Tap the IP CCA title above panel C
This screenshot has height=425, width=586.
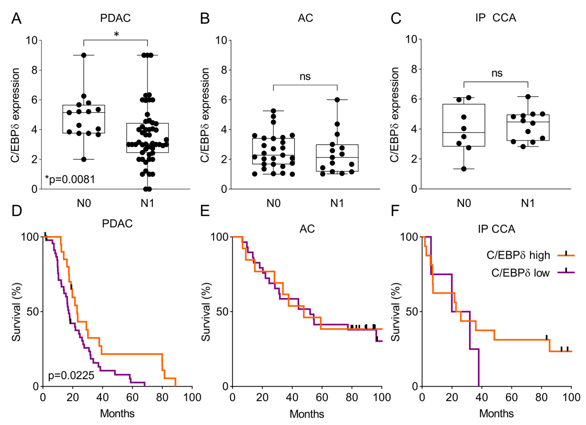pyautogui.click(x=496, y=18)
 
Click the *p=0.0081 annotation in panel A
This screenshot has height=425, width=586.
pyautogui.click(x=70, y=179)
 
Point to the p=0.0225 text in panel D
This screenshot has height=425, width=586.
pyautogui.click(x=71, y=375)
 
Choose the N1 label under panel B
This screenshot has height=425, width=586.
pyautogui.click(x=337, y=203)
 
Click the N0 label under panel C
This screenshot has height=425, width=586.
pyautogui.click(x=464, y=203)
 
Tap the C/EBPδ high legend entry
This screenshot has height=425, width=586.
pyautogui.click(x=518, y=255)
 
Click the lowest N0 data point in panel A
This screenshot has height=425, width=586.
pyautogui.click(x=84, y=159)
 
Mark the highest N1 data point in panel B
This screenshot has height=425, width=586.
pyautogui.click(x=337, y=100)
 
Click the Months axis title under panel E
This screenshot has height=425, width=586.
pyautogui.click(x=307, y=414)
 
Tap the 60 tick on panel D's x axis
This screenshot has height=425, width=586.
pyautogui.click(x=132, y=397)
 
